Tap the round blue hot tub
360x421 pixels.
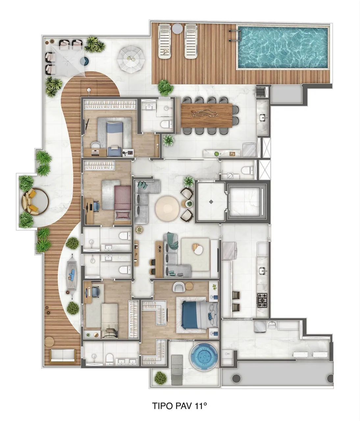click(204, 356)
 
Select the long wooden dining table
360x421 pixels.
click(207, 115)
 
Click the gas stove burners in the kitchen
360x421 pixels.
click(262, 300)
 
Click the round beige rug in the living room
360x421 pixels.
click(167, 208)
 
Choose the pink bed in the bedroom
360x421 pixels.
click(123, 203)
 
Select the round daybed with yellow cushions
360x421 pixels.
click(35, 201)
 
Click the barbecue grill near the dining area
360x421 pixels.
click(261, 92)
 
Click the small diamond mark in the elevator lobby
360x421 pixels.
click(211, 202)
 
